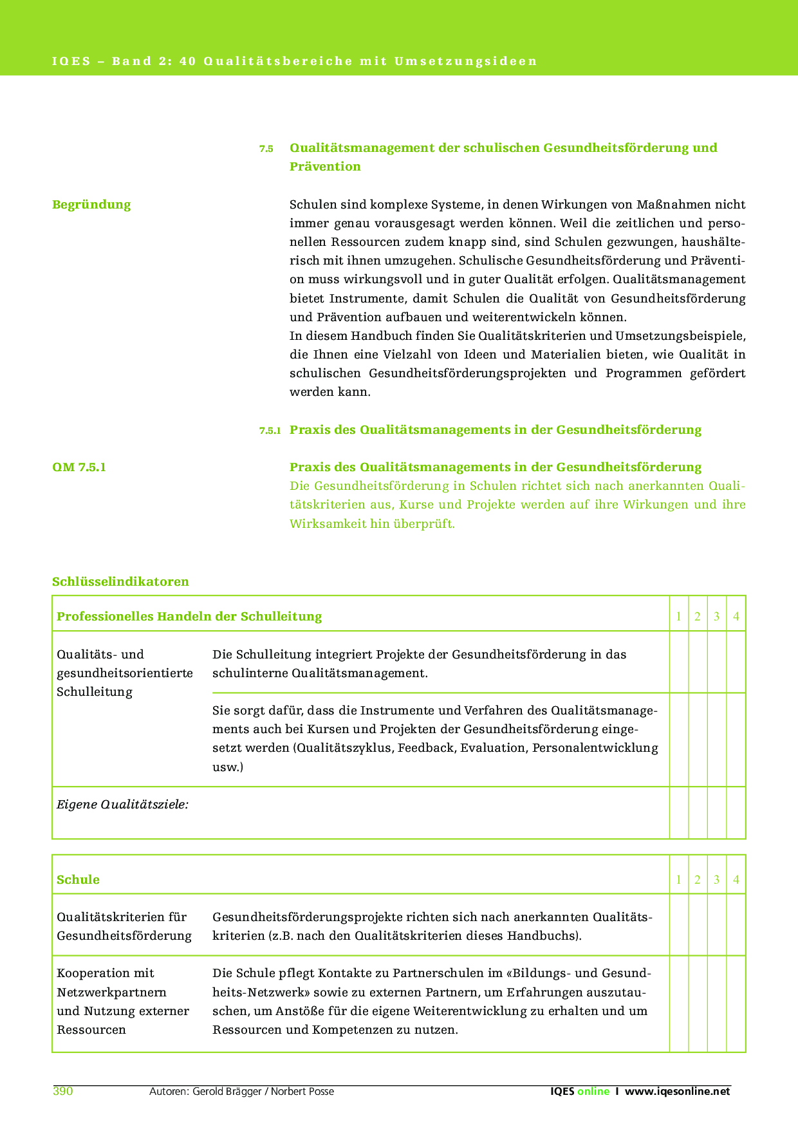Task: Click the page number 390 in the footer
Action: (x=62, y=1091)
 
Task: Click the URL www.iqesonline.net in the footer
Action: (x=678, y=1091)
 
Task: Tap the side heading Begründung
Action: (x=91, y=205)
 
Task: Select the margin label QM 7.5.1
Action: (x=79, y=467)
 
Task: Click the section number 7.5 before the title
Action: (x=266, y=149)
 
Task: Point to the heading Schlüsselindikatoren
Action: (x=120, y=582)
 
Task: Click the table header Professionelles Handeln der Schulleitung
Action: (x=189, y=617)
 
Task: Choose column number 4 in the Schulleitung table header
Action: (x=736, y=617)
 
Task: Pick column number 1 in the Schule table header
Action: (x=678, y=880)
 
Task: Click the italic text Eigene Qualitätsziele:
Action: (x=122, y=805)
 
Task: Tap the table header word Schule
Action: (x=78, y=880)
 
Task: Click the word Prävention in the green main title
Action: (x=325, y=167)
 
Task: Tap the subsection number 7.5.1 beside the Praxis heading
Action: (x=270, y=431)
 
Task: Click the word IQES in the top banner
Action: (x=71, y=61)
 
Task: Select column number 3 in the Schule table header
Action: (x=716, y=880)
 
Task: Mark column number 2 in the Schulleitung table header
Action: (x=698, y=617)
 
